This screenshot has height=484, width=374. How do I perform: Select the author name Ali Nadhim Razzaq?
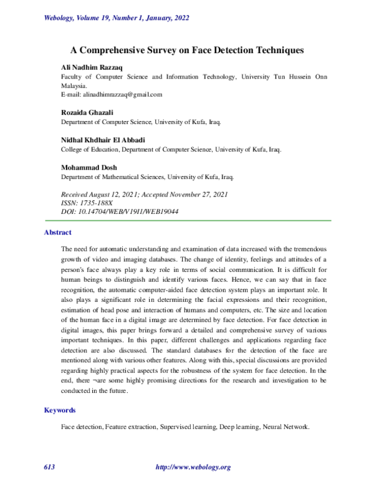click(78, 66)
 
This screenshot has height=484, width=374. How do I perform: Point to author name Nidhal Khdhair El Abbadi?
click(97, 140)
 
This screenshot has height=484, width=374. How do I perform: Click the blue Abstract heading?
click(57, 233)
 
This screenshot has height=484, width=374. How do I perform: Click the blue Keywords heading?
click(59, 410)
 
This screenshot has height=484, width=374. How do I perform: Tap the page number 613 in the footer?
click(49, 467)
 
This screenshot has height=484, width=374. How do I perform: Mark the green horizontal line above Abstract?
click(186, 221)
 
